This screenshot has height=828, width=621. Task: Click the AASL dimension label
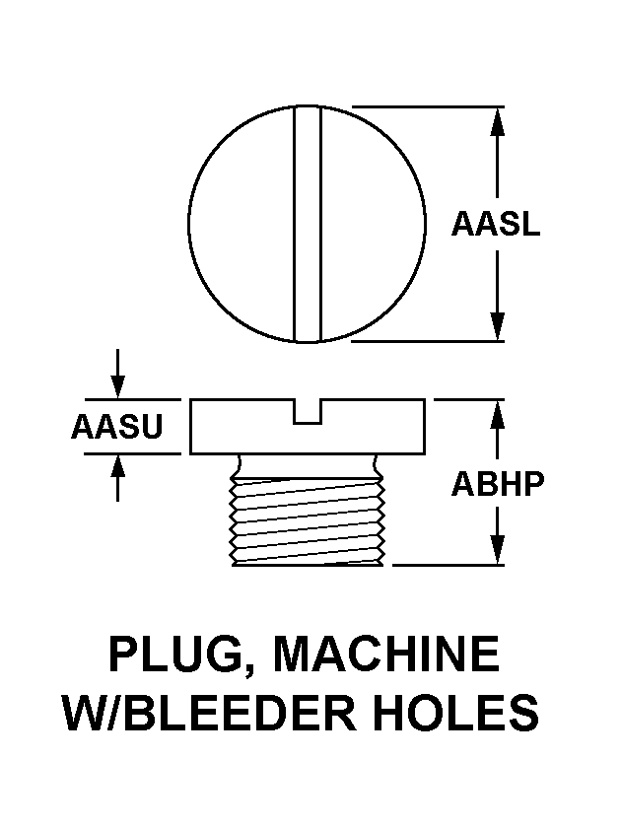tap(496, 224)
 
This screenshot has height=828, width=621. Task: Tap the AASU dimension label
tap(117, 427)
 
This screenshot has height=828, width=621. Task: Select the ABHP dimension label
tap(498, 484)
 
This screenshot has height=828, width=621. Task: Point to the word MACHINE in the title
tap(386, 654)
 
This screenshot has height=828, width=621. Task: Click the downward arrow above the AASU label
tap(117, 373)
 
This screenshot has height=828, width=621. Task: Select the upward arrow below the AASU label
tap(117, 477)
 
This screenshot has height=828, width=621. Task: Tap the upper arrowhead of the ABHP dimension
tap(497, 415)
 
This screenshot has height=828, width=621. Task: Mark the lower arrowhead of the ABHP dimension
tap(497, 550)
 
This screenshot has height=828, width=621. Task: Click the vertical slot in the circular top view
tap(308, 224)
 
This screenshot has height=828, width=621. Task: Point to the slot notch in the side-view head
tap(308, 411)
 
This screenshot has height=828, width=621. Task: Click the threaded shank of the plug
tap(308, 521)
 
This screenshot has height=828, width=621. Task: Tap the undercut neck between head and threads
tap(308, 464)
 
